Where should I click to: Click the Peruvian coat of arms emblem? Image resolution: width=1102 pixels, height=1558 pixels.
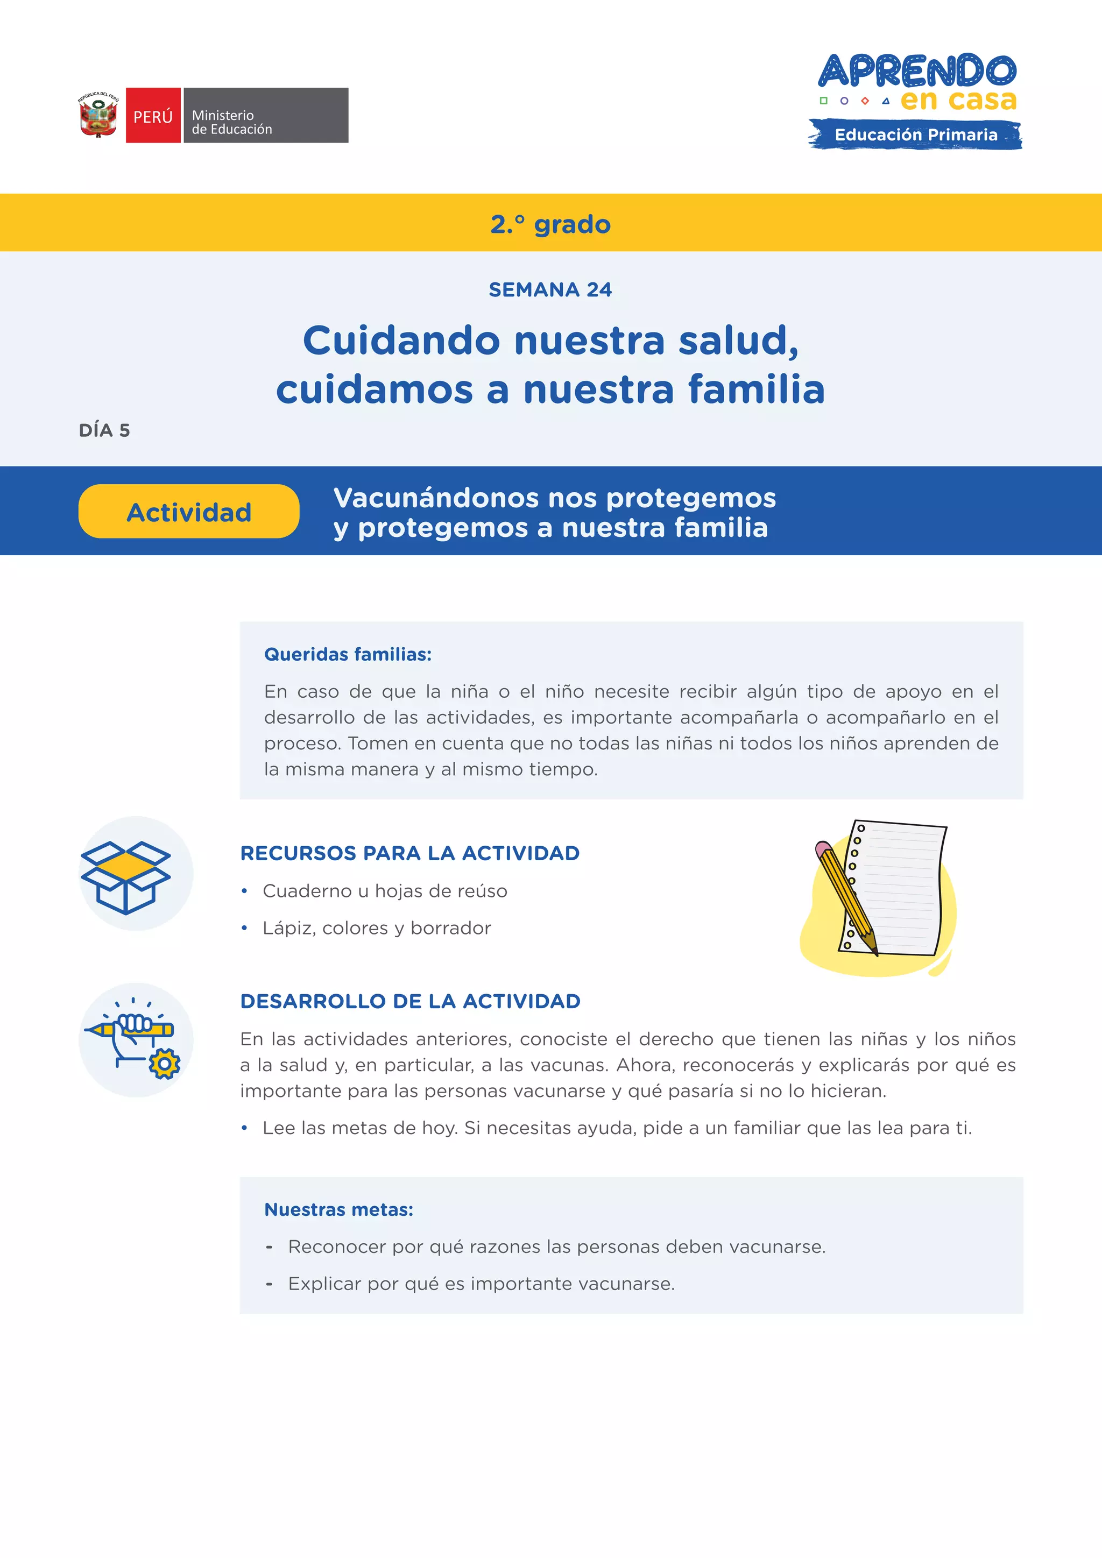(98, 115)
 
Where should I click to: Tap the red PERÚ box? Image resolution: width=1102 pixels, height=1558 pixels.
(153, 115)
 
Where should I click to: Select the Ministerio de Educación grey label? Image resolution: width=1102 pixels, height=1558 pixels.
(265, 115)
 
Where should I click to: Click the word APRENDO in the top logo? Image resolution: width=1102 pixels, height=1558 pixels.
(917, 70)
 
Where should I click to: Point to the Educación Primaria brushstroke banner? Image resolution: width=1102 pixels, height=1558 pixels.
(915, 134)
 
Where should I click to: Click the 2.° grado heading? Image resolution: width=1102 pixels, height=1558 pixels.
(550, 224)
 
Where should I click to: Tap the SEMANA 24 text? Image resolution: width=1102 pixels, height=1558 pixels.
(550, 290)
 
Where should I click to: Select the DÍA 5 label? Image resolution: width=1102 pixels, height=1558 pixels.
(104, 430)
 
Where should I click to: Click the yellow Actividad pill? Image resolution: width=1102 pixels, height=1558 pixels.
(189, 512)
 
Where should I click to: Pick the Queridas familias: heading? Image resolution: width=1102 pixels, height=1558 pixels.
(348, 654)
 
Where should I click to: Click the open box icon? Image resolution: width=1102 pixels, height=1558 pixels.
(125, 876)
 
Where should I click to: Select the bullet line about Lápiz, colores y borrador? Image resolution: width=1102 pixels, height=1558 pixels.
(377, 927)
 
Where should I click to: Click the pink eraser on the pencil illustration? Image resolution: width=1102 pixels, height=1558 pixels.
(823, 849)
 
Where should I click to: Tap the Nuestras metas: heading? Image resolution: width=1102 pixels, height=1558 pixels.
(338, 1209)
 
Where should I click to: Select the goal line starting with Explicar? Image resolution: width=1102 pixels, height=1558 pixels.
(481, 1283)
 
